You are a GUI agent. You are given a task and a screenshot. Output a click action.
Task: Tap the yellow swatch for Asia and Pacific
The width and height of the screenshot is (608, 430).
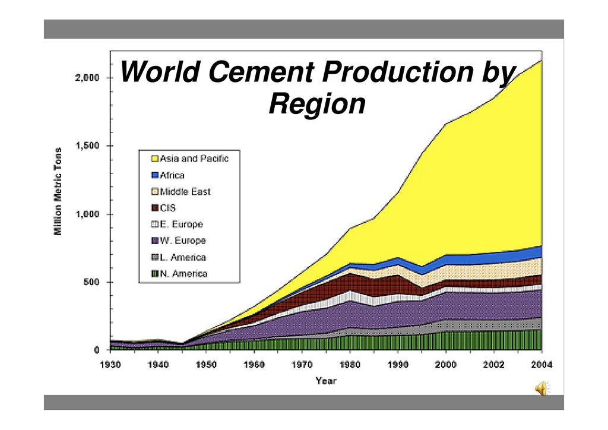pyautogui.click(x=154, y=159)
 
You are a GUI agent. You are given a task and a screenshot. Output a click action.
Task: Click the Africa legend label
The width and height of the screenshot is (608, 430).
pyautogui.click(x=172, y=175)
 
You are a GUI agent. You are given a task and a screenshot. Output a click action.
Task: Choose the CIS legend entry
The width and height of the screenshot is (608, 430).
pyautogui.click(x=168, y=208)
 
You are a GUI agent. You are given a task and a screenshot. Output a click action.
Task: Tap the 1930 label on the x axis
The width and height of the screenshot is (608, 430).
pyautogui.click(x=111, y=364)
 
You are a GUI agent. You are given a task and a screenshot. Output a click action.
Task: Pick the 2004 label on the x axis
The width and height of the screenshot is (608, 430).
pyautogui.click(x=541, y=364)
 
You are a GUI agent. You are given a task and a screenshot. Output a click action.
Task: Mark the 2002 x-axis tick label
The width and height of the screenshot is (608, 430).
pyautogui.click(x=494, y=364)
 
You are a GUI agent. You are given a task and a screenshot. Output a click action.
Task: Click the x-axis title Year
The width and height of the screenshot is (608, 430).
pyautogui.click(x=326, y=381)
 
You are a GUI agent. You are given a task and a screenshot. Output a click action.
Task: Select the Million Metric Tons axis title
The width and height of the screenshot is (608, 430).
pyautogui.click(x=59, y=191)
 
